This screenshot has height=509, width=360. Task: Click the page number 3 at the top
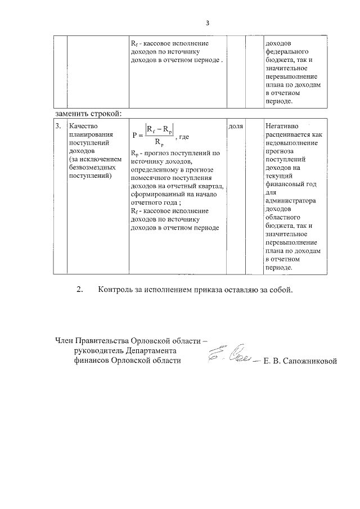207,23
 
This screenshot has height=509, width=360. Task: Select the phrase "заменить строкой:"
89,114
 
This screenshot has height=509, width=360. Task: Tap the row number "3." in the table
58,127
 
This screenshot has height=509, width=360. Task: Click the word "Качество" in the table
83,127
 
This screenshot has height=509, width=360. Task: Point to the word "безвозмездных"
92,168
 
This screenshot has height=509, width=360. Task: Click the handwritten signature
231,355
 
